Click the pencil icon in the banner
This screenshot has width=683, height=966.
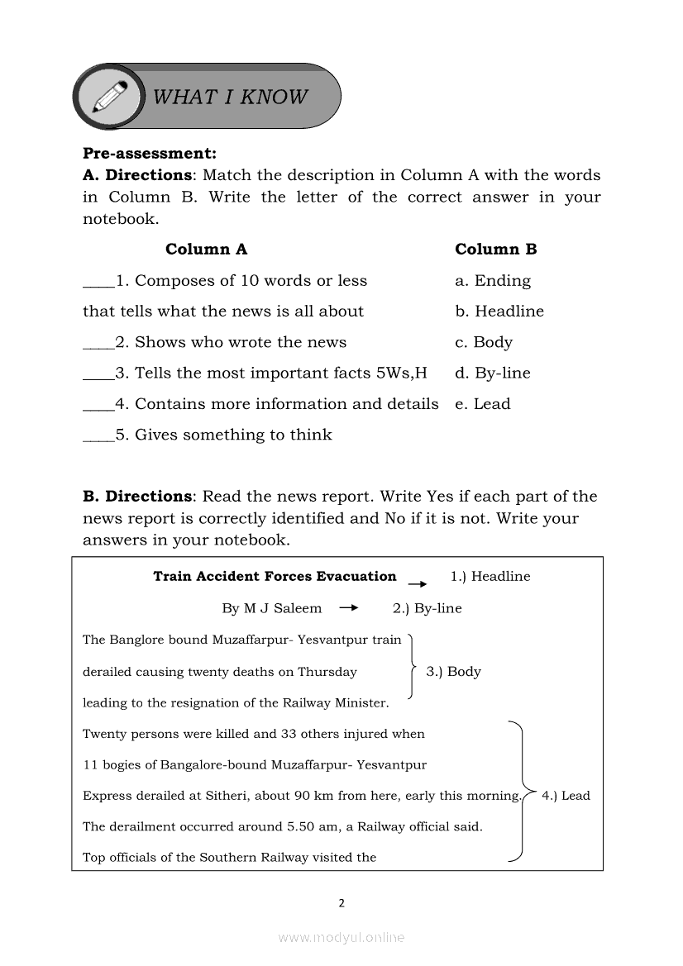pyautogui.click(x=110, y=97)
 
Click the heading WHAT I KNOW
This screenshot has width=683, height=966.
pyautogui.click(x=230, y=97)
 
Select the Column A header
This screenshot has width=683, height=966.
pyautogui.click(x=206, y=250)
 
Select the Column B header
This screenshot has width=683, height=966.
pyautogui.click(x=496, y=250)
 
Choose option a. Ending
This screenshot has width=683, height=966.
pyautogui.click(x=493, y=281)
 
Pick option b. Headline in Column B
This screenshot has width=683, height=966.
pyautogui.click(x=499, y=312)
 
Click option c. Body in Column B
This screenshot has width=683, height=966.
pyautogui.click(x=484, y=342)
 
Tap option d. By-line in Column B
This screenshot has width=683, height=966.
pyautogui.click(x=493, y=374)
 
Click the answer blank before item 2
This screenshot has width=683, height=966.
pyautogui.click(x=98, y=347)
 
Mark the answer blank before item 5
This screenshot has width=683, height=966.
pyautogui.click(x=98, y=440)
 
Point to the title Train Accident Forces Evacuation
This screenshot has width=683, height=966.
pyautogui.click(x=275, y=577)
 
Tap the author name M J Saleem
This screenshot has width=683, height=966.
pyautogui.click(x=283, y=608)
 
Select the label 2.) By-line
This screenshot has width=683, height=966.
pyautogui.click(x=427, y=608)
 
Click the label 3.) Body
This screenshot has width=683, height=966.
pyautogui.click(x=453, y=672)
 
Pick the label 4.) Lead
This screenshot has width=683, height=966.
pyautogui.click(x=566, y=796)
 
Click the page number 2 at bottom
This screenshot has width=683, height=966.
pyautogui.click(x=341, y=903)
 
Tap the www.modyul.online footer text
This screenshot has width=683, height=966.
pyautogui.click(x=341, y=938)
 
